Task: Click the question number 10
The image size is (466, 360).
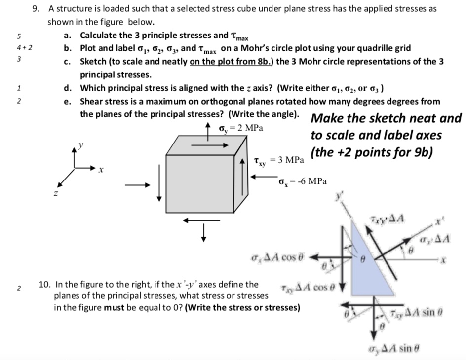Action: pos(45,285)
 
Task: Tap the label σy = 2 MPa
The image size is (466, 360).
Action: pos(240,128)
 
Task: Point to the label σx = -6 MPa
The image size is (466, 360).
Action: pos(303,181)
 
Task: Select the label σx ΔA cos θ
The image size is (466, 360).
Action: pos(278,257)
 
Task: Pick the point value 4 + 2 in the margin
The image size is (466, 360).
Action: pos(24,48)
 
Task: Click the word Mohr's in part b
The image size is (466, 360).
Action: pos(255,48)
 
